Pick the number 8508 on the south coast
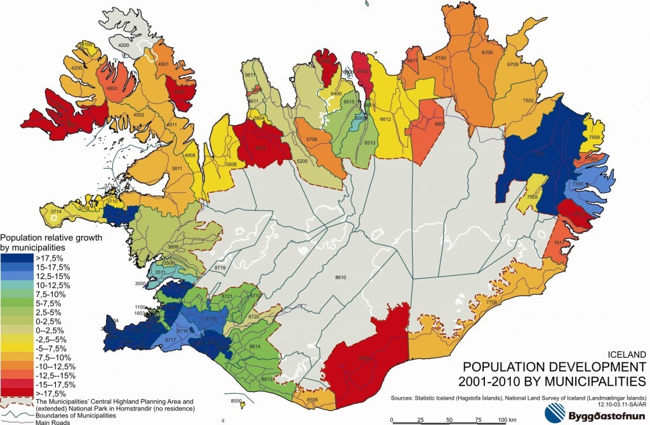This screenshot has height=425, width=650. coord(312,400)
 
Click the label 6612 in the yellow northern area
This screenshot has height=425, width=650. coord(385,119)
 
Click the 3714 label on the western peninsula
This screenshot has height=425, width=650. coord(56,211)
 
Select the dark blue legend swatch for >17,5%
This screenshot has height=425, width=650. coord(15,258)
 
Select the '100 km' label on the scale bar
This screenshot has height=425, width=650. coord(505,420)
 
